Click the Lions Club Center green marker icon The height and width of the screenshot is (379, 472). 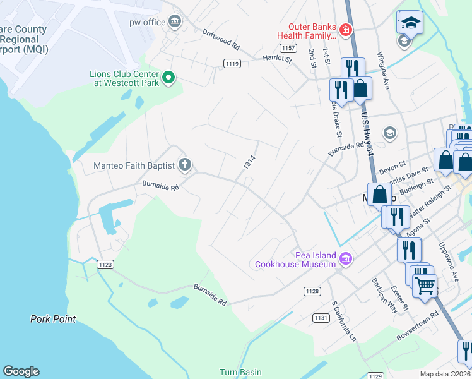pyautogui.click(x=168, y=78)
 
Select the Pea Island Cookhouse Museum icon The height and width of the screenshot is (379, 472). pyautogui.click(x=345, y=258)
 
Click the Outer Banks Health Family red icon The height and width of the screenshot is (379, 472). pyautogui.click(x=345, y=30)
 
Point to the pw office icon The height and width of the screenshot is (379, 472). pyautogui.click(x=175, y=23)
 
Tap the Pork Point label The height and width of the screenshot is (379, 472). pyautogui.click(x=53, y=320)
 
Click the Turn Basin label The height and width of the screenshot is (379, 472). pyautogui.click(x=240, y=372)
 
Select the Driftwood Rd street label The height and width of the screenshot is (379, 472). pyautogui.click(x=221, y=39)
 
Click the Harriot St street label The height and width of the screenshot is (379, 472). pyautogui.click(x=278, y=59)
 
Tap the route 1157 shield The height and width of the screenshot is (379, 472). pyautogui.click(x=289, y=48)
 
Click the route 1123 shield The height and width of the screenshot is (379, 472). pyautogui.click(x=106, y=265)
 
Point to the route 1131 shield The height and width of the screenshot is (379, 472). pyautogui.click(x=321, y=318)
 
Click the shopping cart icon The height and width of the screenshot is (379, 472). pyautogui.click(x=425, y=285)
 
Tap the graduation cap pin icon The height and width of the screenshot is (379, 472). pyautogui.click(x=411, y=22)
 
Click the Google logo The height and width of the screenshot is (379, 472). pyautogui.click(x=21, y=371)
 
